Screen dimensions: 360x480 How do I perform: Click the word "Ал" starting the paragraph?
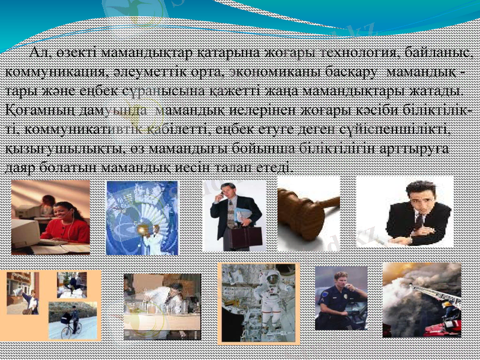point(39,56)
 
